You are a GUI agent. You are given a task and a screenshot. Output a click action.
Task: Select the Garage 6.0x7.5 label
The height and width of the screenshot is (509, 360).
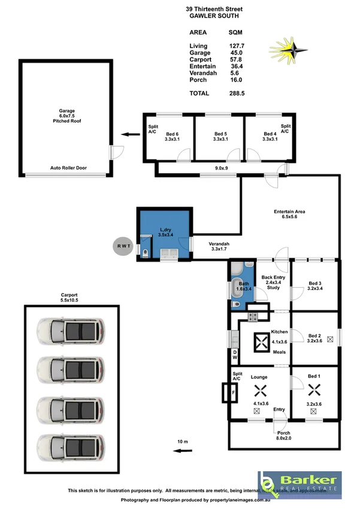coord(66,116)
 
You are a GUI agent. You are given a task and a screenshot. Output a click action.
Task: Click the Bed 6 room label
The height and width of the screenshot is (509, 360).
coord(171,137)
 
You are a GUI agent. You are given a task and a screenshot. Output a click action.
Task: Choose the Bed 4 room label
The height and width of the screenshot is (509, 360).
coord(270,137)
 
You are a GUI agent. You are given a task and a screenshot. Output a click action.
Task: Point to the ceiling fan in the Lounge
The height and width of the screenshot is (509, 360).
coord(259,391)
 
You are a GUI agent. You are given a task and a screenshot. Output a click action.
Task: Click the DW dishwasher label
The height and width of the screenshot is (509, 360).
coord(235,355)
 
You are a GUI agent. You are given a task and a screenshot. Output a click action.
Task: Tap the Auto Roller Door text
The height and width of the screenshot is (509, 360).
coord(68,168)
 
